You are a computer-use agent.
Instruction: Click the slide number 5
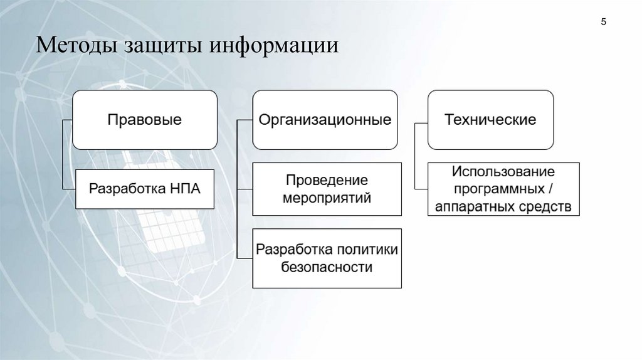(x=603, y=23)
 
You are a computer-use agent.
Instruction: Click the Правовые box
(x=145, y=119)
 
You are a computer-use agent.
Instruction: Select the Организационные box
(x=325, y=119)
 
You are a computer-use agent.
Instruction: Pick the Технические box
(x=490, y=119)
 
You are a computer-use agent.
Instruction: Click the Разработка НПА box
(x=145, y=189)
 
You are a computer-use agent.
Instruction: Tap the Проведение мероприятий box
(x=327, y=189)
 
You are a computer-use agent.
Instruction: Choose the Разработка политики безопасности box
(x=327, y=258)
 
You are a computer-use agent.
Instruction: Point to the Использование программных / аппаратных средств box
(x=504, y=189)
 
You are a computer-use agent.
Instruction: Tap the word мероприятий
(x=327, y=198)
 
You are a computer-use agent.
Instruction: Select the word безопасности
(x=327, y=268)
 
